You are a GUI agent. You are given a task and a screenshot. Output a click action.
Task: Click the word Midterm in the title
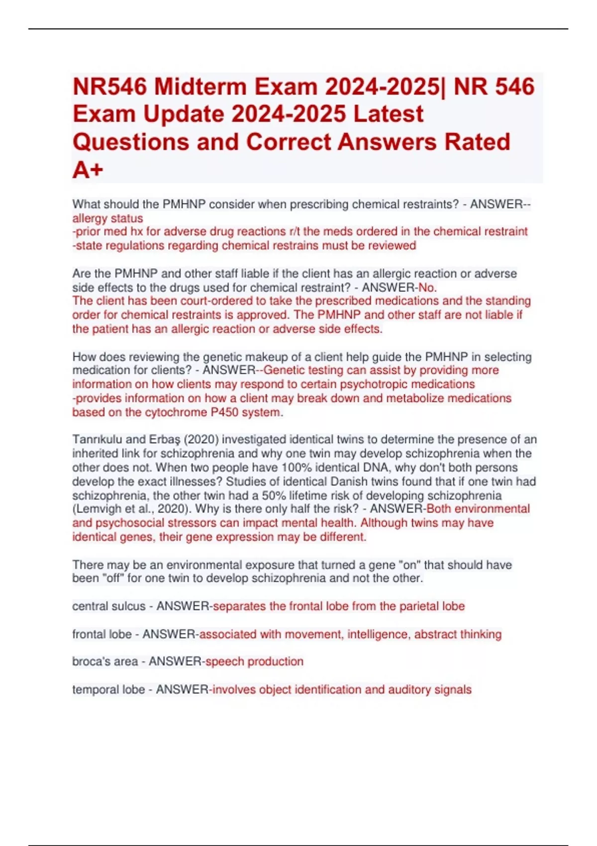click(x=200, y=87)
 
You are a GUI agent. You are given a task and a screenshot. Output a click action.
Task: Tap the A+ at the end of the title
click(x=88, y=170)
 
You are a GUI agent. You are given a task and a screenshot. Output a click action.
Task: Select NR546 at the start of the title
click(x=109, y=87)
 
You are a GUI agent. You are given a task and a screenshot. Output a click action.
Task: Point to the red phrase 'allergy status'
click(x=107, y=218)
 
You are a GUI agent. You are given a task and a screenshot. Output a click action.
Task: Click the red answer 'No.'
click(x=427, y=288)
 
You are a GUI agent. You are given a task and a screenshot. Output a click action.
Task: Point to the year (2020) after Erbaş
click(x=202, y=440)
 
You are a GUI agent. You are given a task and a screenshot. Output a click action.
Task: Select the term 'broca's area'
click(x=104, y=662)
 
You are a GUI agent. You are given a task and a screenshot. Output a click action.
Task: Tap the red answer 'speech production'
click(x=254, y=662)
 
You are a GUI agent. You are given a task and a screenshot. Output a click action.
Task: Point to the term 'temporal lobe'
click(x=108, y=690)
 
